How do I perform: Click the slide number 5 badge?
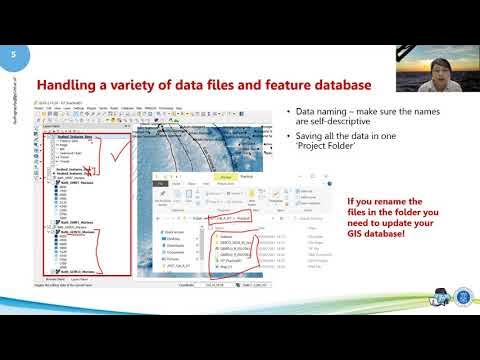(15, 56)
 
